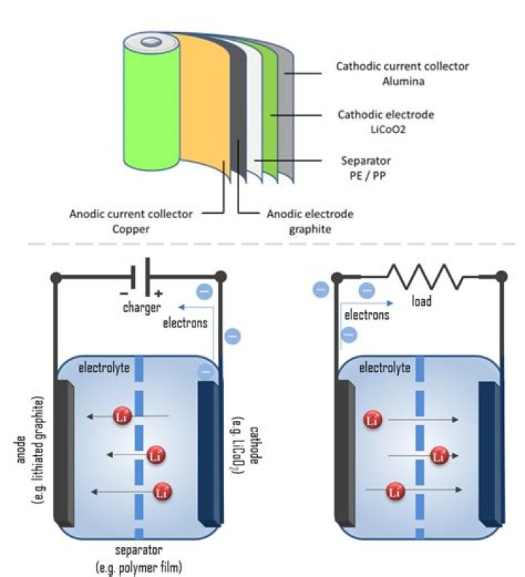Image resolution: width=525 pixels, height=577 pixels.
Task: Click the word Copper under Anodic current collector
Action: click(x=131, y=228)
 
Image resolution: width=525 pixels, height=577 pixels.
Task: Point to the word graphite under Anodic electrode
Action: click(x=306, y=228)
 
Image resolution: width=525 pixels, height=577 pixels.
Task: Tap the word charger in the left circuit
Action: click(x=141, y=308)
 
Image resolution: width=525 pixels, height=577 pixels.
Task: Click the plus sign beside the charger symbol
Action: click(x=157, y=293)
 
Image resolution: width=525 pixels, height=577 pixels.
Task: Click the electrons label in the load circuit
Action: click(x=366, y=315)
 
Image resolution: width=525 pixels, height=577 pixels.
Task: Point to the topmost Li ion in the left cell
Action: click(x=122, y=417)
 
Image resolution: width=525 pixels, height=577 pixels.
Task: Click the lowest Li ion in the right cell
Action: click(x=394, y=491)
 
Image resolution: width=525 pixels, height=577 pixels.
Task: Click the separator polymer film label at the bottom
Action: click(x=139, y=558)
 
